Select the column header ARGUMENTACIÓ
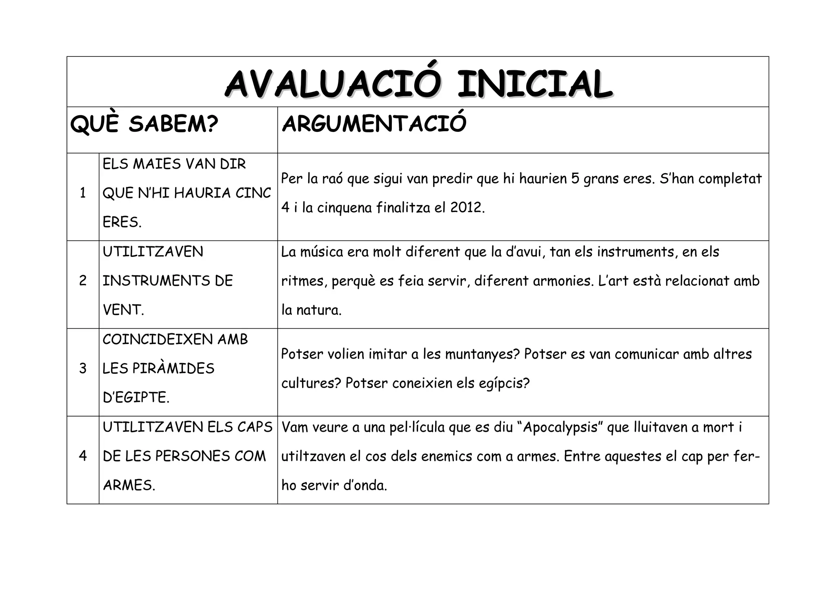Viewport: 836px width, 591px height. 374,123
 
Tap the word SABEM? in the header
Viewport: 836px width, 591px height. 173,124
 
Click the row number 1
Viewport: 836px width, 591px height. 83,193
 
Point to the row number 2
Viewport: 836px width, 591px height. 83,281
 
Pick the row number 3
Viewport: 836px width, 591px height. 83,368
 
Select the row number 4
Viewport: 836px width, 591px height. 83,456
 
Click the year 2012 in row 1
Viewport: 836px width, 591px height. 467,207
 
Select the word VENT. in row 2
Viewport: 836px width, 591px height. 123,310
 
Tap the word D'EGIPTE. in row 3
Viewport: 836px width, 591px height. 136,397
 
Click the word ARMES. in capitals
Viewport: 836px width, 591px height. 129,485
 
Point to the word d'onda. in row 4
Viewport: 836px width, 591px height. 365,485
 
